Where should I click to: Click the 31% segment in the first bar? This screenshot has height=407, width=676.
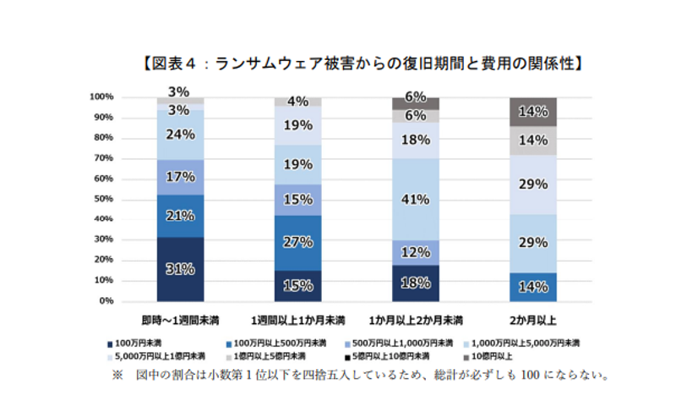point(181,269)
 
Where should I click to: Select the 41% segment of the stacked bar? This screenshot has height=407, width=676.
point(416,201)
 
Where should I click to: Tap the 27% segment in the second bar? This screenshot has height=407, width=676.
point(298,243)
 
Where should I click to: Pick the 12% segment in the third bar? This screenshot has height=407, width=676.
point(416,252)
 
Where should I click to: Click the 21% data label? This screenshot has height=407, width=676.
point(181,216)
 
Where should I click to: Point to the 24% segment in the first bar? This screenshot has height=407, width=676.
point(181,135)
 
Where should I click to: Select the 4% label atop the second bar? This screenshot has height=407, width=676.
point(298,102)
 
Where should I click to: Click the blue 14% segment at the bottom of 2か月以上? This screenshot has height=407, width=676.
point(533,286)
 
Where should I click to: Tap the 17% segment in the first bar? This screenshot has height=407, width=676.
point(181,178)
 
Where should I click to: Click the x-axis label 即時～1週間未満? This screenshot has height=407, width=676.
point(181,321)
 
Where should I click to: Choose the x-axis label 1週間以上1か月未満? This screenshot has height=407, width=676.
point(298,321)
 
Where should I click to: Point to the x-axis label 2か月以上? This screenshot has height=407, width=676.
point(533,321)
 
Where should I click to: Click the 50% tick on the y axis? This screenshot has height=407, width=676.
point(102,199)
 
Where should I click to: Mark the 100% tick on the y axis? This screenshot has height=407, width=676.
point(101,96)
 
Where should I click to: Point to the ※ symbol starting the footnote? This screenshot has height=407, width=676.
point(117,374)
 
